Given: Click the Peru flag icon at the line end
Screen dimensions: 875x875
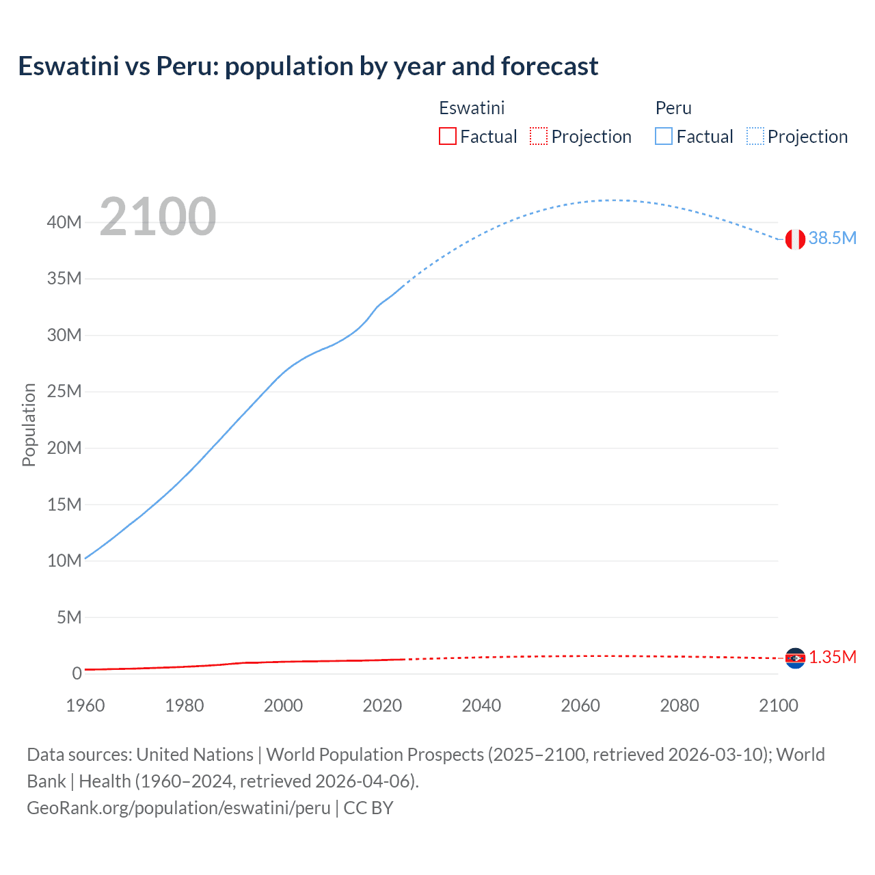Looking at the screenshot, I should [795, 239].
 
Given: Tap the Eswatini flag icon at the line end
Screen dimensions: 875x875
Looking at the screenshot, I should [795, 658].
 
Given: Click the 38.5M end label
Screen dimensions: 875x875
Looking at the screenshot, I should [832, 238].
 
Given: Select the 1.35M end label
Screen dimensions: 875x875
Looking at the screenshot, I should [832, 657].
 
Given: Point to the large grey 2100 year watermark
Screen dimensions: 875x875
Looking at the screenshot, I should [158, 217].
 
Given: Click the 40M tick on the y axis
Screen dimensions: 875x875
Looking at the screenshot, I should [64, 222].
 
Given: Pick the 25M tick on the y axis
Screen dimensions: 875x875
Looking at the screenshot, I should [64, 392].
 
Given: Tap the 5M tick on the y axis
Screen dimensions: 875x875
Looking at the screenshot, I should [68, 617].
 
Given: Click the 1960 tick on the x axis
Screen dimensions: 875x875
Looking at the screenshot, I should [85, 705].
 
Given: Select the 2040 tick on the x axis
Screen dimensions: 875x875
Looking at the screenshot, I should [481, 705].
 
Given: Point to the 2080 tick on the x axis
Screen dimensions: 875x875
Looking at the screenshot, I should [679, 705].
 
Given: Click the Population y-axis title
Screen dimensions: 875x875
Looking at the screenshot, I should [29, 425].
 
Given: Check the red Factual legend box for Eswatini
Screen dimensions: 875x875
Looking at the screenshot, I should [448, 136].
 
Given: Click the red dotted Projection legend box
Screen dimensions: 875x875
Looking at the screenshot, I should [539, 136].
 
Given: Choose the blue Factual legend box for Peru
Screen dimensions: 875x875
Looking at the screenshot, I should [664, 136].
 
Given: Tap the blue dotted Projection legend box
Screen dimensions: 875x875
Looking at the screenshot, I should [755, 136].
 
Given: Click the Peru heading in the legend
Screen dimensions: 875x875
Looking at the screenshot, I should [673, 108].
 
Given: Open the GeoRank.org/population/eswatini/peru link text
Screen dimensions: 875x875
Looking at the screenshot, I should [178, 808].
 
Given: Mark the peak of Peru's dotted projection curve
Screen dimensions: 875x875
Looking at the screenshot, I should [613, 200].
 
